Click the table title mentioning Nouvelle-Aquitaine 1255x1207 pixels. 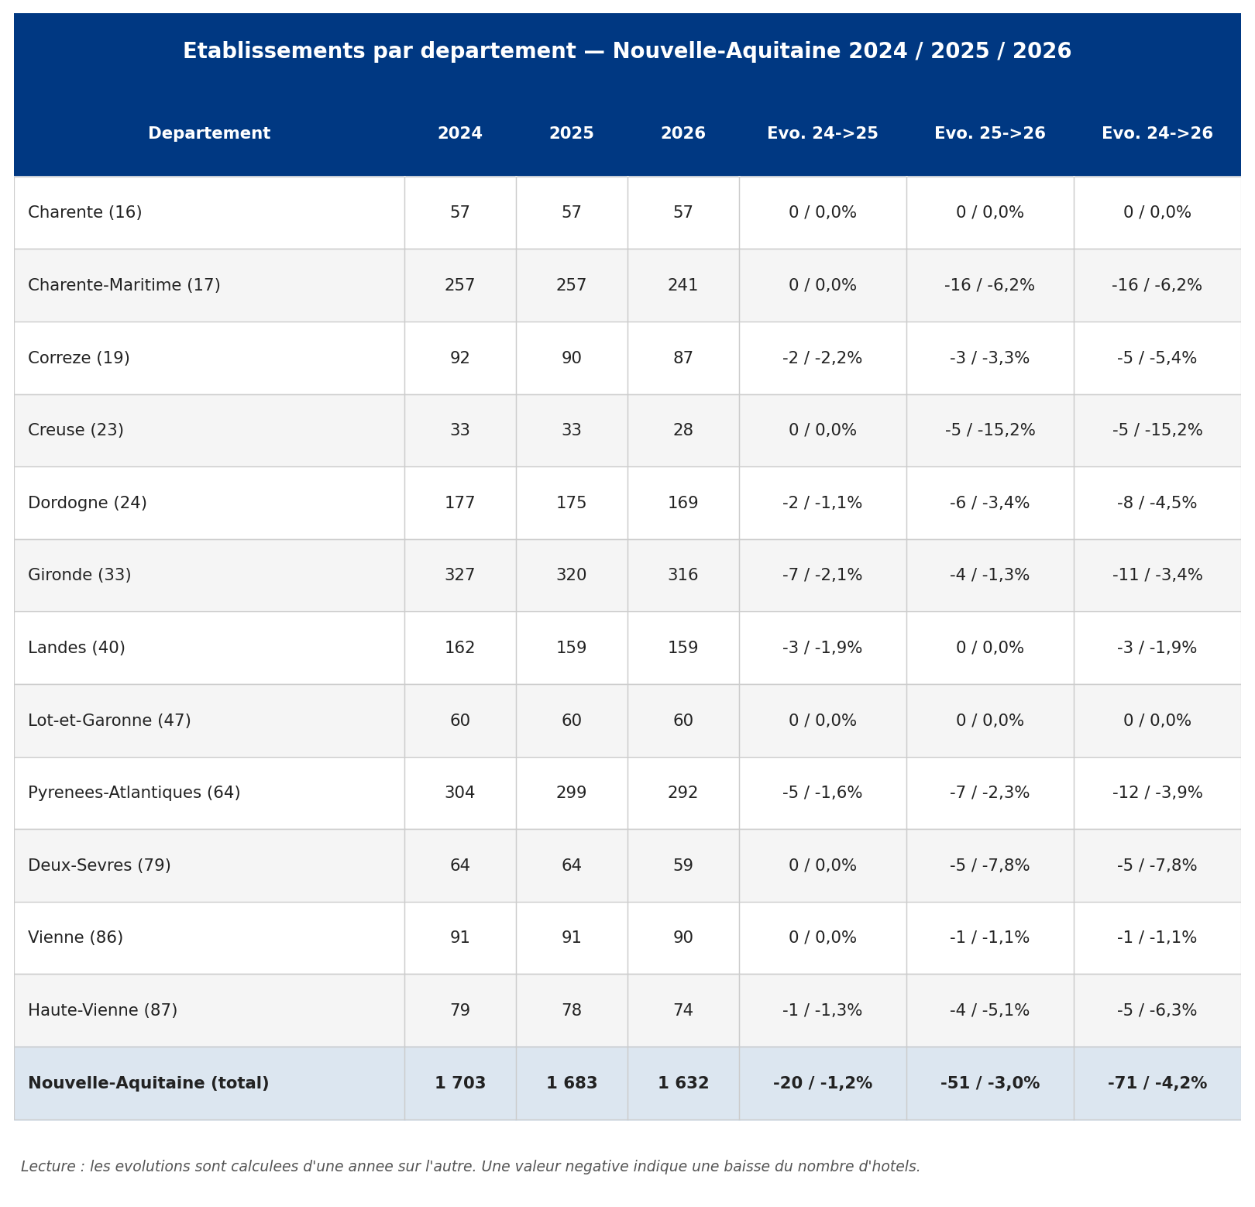[x=627, y=52]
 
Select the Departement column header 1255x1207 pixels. [x=209, y=134]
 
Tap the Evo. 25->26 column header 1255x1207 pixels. [x=990, y=134]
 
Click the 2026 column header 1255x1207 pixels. [x=683, y=134]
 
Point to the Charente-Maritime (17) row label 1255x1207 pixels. [x=124, y=286]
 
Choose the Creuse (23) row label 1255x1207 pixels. [x=76, y=431]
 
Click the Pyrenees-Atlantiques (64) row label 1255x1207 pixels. [x=134, y=793]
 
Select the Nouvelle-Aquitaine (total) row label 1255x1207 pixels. [x=149, y=1084]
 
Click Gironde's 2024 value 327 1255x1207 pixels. [x=460, y=576]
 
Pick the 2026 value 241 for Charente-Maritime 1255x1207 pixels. [x=683, y=286]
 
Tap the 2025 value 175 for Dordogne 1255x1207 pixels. [x=572, y=504]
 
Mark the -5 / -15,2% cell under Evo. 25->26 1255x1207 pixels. [x=990, y=431]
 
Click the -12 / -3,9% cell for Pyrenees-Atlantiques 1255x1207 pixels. [x=1157, y=793]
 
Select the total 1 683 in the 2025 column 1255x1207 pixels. [x=572, y=1084]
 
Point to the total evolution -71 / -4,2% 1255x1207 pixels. [x=1157, y=1084]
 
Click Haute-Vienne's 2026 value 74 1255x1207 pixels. [x=683, y=1011]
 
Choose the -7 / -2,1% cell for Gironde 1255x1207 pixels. [x=823, y=576]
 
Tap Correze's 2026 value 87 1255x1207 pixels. [x=683, y=359]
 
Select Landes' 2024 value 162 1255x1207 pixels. [x=460, y=648]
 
